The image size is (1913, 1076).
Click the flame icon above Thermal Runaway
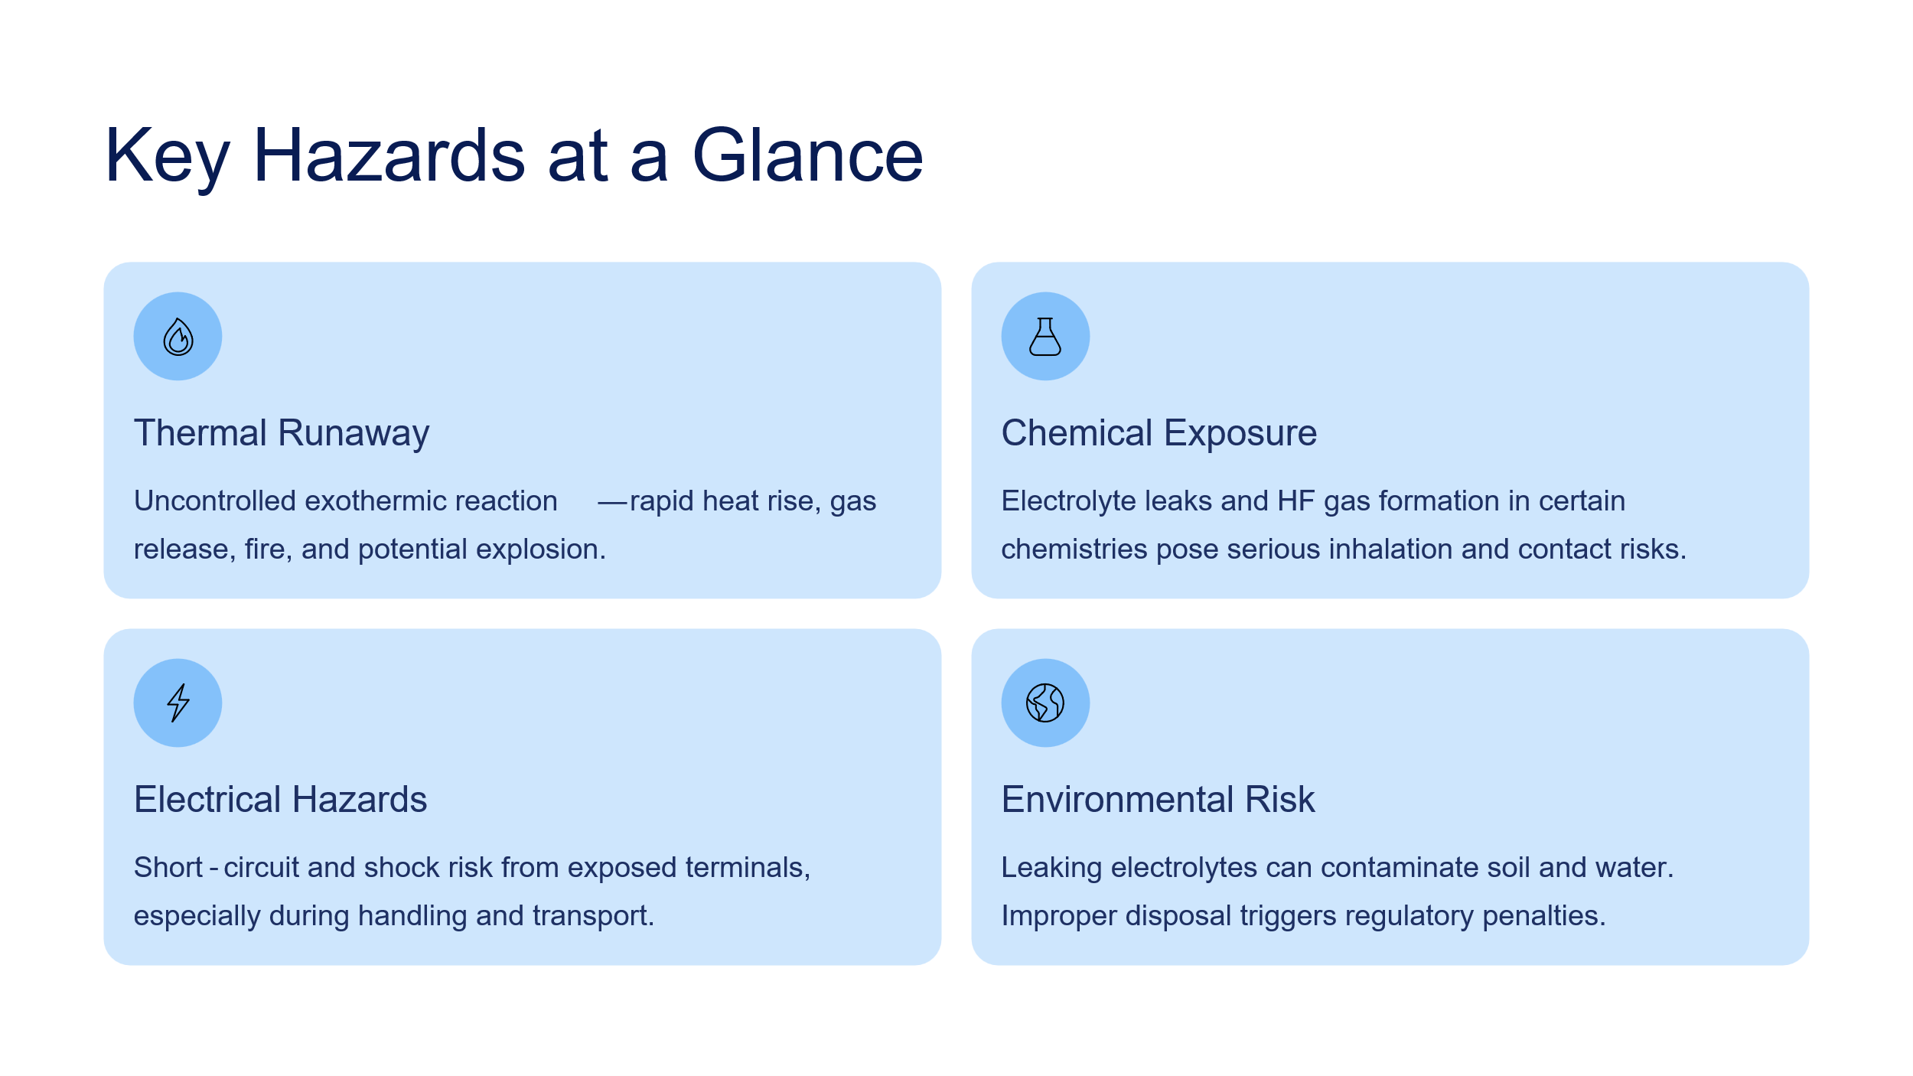(x=178, y=337)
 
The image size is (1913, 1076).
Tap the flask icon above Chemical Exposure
(x=1045, y=337)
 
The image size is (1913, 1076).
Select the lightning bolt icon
(x=178, y=703)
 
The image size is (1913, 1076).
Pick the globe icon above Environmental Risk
(x=1045, y=703)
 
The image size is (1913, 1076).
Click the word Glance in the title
(x=808, y=155)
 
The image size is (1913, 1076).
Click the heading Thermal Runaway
(x=282, y=433)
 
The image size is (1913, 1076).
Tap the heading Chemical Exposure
(x=1159, y=433)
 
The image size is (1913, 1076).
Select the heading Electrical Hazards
(x=281, y=799)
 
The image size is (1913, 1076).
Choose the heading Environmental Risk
(x=1159, y=799)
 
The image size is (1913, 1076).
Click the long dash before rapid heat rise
(x=612, y=503)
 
